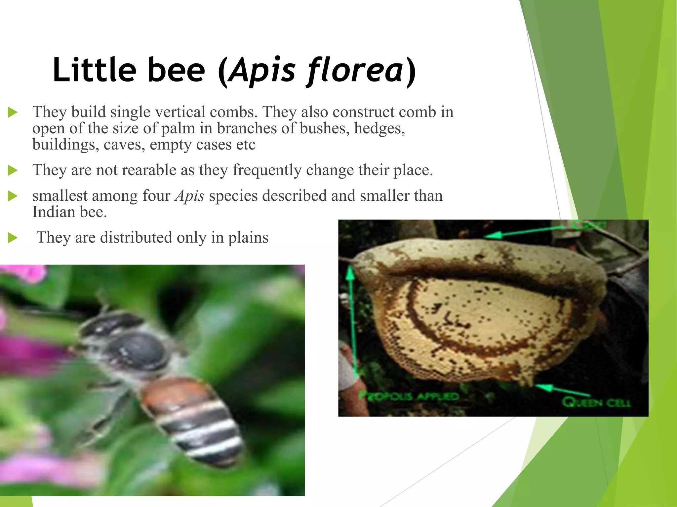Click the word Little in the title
pos(94,70)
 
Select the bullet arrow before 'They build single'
pos(13,112)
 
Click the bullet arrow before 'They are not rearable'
pos(13,171)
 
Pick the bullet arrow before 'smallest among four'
pos(13,196)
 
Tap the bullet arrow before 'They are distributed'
pos(13,238)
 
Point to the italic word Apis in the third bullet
pos(190,196)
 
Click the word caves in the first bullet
pos(124,145)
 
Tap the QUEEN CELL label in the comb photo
pos(596,402)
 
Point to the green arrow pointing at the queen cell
pos(562,390)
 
